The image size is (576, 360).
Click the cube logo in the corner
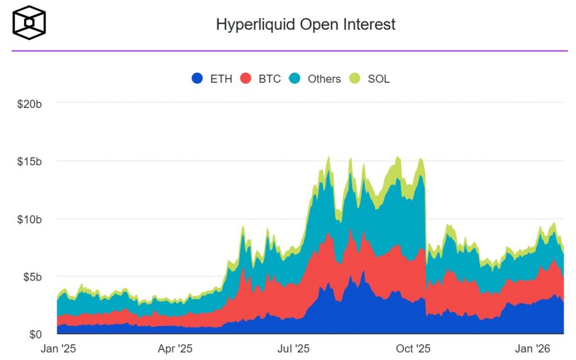[x=29, y=22]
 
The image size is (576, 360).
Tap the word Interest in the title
[x=370, y=25]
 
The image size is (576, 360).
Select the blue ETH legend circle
[x=197, y=79]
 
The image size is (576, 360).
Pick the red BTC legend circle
[x=246, y=79]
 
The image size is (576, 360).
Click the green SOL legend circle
[x=355, y=79]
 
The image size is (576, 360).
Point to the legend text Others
[x=324, y=79]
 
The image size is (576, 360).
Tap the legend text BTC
[x=269, y=79]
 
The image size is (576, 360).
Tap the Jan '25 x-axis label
[x=58, y=349]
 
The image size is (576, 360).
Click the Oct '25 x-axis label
[x=415, y=349]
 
